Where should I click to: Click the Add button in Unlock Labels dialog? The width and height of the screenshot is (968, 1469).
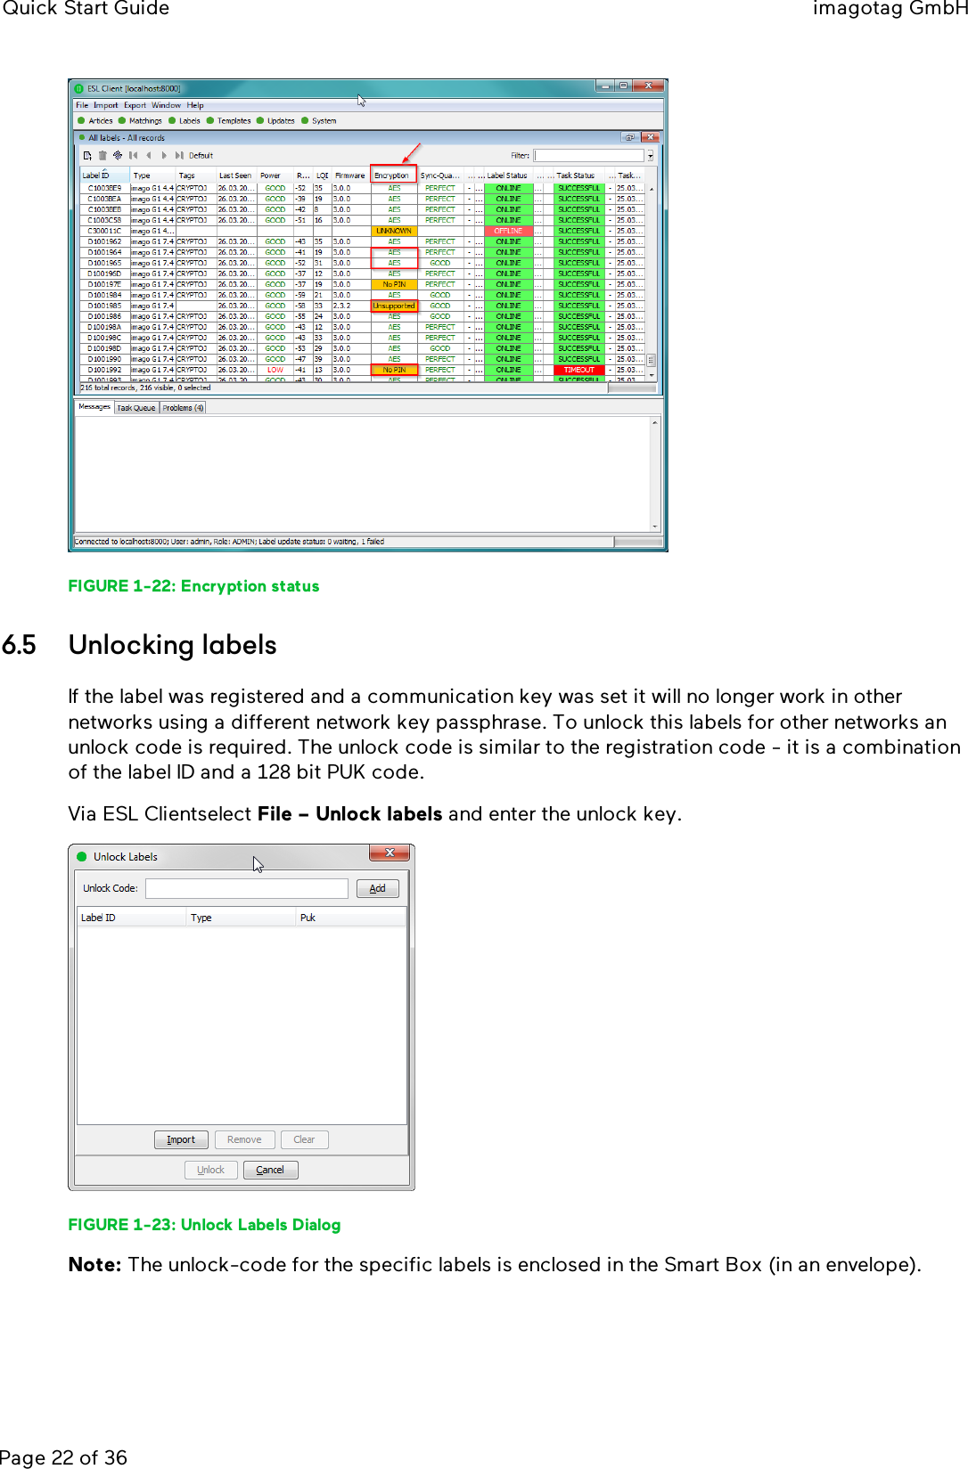click(377, 888)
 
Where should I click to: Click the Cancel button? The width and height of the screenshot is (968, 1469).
click(270, 1170)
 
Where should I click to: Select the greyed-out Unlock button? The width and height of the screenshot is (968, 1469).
click(211, 1170)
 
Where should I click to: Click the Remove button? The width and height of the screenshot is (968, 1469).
click(244, 1139)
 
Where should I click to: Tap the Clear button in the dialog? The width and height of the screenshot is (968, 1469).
click(304, 1139)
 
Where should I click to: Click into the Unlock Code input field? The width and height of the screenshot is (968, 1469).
click(246, 888)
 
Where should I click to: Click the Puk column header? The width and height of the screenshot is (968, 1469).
click(308, 918)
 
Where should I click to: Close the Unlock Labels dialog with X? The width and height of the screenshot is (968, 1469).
click(390, 853)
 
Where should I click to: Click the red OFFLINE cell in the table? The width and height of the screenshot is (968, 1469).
click(508, 231)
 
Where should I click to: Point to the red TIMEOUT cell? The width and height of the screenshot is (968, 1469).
click(578, 370)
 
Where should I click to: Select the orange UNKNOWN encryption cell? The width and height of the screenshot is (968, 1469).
click(393, 231)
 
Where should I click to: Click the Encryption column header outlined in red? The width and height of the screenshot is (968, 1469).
click(392, 175)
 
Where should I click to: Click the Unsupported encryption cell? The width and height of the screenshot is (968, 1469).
click(393, 306)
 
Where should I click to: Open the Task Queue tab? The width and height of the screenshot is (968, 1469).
click(136, 408)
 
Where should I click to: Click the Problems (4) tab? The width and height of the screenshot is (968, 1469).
click(183, 408)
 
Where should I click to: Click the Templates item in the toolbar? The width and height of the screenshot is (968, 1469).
click(234, 120)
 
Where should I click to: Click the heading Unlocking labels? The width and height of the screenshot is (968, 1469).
click(172, 645)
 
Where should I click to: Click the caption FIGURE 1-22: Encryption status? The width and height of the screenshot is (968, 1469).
click(193, 586)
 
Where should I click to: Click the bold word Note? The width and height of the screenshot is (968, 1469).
click(94, 1265)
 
